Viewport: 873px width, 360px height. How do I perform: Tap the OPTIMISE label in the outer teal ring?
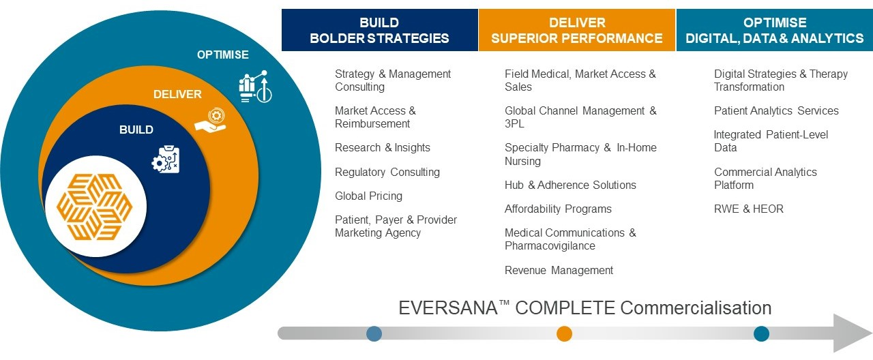coord(223,55)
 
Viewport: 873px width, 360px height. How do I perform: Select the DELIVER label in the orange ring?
coord(177,94)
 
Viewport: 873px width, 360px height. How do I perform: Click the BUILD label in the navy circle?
coord(136,130)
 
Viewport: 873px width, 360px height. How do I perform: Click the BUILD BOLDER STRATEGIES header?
coord(379,31)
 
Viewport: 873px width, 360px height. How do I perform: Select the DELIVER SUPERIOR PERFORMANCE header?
coord(576,31)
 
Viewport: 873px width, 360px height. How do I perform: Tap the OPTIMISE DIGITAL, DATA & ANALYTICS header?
coord(774,31)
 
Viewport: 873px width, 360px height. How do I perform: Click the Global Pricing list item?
coord(368,196)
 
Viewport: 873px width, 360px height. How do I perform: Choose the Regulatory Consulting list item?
coord(387,172)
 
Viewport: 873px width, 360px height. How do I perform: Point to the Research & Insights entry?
coord(382,148)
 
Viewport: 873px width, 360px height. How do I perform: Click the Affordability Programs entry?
coord(558,209)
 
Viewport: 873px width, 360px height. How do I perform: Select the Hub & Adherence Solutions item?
coord(570,185)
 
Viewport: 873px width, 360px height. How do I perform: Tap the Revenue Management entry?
coord(559,271)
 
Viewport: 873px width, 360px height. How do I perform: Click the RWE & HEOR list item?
coord(748,209)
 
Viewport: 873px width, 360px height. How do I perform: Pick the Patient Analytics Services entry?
coord(776,110)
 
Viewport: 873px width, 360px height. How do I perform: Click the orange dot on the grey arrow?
coord(564,333)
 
